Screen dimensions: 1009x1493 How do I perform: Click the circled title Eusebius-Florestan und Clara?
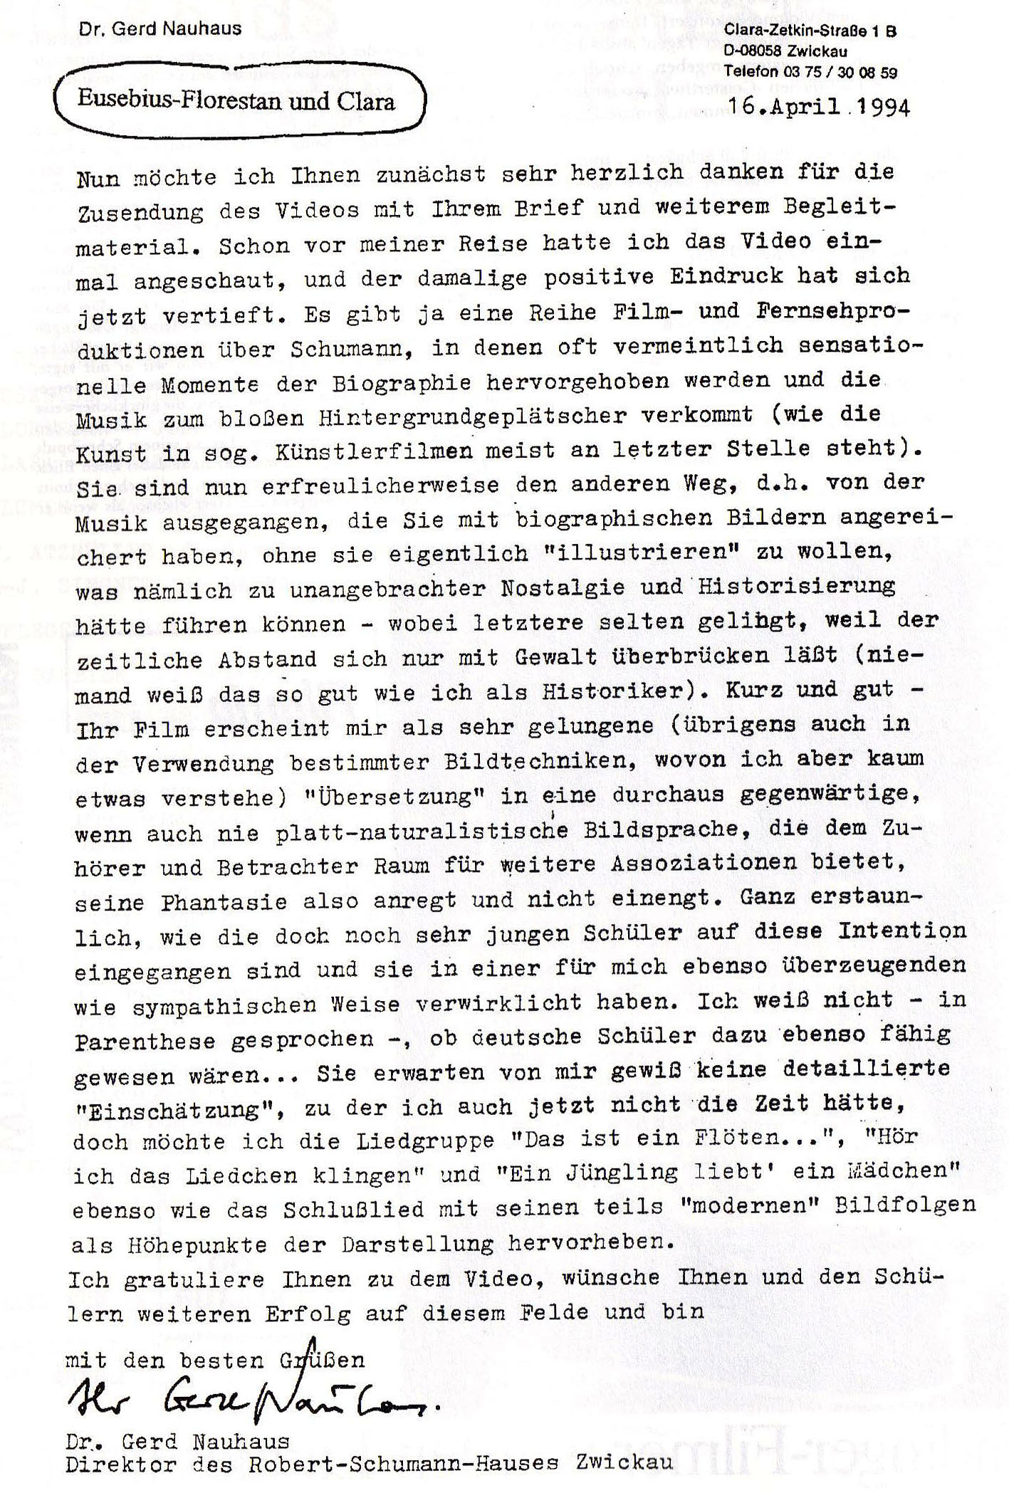(x=236, y=100)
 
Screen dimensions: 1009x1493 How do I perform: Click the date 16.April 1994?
(x=819, y=107)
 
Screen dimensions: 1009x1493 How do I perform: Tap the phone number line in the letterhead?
(x=810, y=72)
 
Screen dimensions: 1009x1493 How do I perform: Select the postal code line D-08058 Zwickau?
(x=785, y=51)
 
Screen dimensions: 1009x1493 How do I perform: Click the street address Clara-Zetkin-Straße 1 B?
(x=810, y=31)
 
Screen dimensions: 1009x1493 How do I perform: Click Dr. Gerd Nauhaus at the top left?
(x=160, y=29)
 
